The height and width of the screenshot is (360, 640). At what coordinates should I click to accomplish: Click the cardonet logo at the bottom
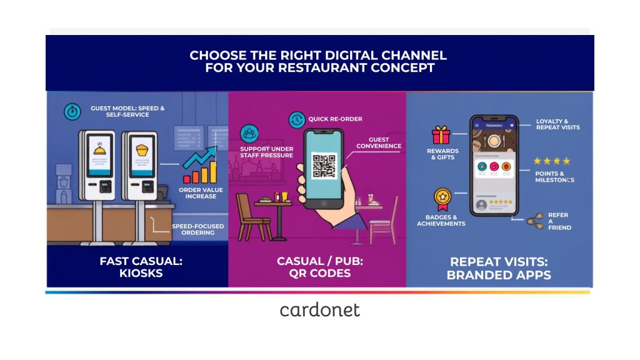(x=319, y=310)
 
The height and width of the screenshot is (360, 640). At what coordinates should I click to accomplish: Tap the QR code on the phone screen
(x=324, y=165)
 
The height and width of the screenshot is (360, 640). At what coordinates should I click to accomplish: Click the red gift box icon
(x=441, y=135)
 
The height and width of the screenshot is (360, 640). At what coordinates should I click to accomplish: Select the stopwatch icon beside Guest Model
(x=72, y=111)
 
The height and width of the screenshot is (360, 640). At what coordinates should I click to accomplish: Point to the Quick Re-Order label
(x=335, y=119)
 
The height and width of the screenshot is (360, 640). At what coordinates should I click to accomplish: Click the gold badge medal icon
(x=442, y=198)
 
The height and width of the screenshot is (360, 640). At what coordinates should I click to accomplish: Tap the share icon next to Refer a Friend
(x=535, y=221)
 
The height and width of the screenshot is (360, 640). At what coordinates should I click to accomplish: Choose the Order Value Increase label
(x=201, y=193)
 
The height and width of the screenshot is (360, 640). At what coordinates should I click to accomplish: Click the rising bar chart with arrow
(x=200, y=165)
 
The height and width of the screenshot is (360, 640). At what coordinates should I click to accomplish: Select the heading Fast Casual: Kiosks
(x=141, y=267)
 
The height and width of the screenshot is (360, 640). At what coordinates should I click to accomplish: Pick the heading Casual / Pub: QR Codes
(x=320, y=267)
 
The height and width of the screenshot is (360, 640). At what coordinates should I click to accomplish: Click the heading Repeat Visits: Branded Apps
(x=499, y=268)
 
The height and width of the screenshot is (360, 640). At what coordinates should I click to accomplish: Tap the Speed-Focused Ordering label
(x=198, y=229)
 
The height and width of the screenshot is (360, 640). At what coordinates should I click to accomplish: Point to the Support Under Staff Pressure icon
(x=249, y=134)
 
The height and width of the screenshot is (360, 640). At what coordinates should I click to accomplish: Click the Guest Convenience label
(x=378, y=143)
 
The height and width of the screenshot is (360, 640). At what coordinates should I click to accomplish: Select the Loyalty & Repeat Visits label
(x=557, y=124)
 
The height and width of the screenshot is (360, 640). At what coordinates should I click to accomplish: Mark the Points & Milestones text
(x=554, y=177)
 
